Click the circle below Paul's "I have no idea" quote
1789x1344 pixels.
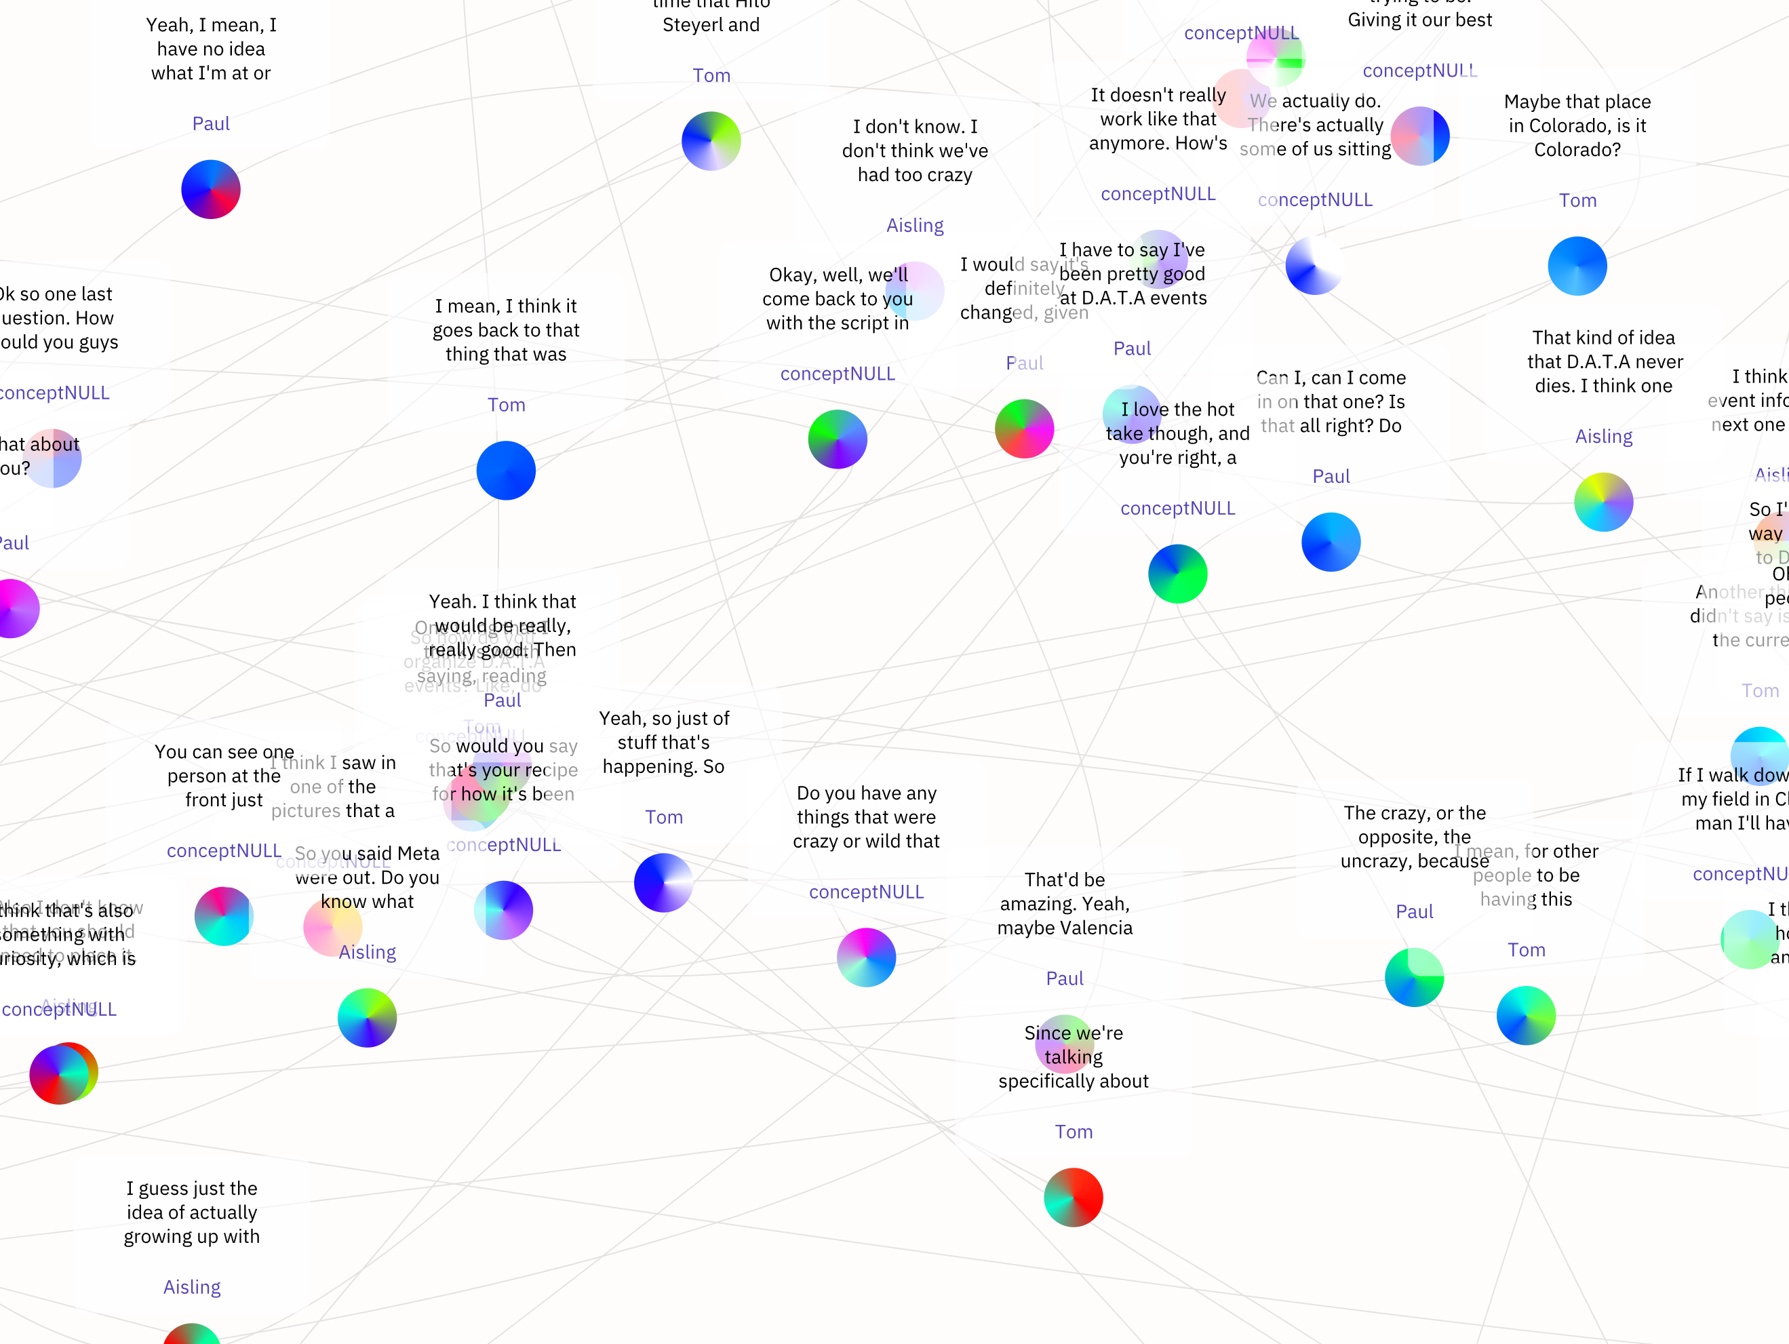click(x=210, y=190)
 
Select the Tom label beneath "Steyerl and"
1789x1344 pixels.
click(x=711, y=76)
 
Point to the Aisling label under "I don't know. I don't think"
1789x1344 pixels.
click(x=915, y=226)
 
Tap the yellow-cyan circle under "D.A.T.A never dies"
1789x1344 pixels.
click(x=1603, y=502)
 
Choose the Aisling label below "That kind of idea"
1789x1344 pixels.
click(x=1603, y=437)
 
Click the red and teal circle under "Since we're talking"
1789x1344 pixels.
click(x=1074, y=1198)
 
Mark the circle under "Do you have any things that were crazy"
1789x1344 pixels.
click(x=865, y=957)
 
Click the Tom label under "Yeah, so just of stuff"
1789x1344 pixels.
click(x=663, y=818)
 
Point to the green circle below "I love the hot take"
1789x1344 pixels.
click(x=1177, y=574)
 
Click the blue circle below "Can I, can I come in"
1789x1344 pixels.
click(x=1331, y=542)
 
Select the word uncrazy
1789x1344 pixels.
click(x=1375, y=861)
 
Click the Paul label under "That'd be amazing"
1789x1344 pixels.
click(x=1064, y=979)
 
